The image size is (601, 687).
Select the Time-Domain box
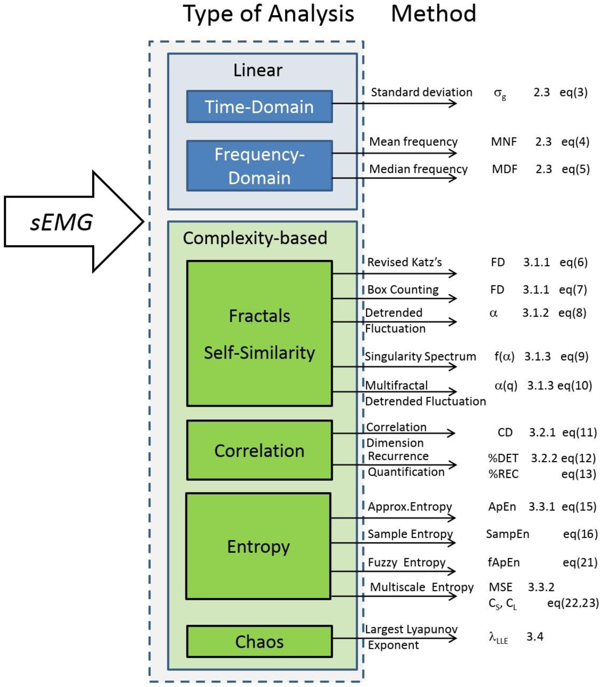pyautogui.click(x=259, y=107)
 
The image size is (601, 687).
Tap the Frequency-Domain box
pyautogui.click(x=259, y=166)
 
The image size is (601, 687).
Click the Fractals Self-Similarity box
pyautogui.click(x=259, y=333)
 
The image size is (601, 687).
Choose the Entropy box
pyautogui.click(x=258, y=547)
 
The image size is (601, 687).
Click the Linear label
pyautogui.click(x=257, y=70)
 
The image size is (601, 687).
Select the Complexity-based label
pyautogui.click(x=255, y=238)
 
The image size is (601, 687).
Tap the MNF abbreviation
pyautogui.click(x=504, y=142)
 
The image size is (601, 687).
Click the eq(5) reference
pyautogui.click(x=575, y=169)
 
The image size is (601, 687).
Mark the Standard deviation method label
pyautogui.click(x=421, y=92)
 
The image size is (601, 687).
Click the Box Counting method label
pyautogui.click(x=403, y=290)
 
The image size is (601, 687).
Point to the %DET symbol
pyautogui.click(x=503, y=458)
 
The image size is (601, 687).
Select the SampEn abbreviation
pyautogui.click(x=507, y=534)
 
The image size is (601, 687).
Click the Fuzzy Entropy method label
pyautogui.click(x=407, y=562)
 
